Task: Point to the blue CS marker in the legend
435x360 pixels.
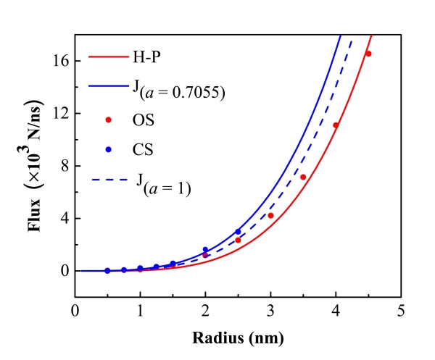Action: (109, 150)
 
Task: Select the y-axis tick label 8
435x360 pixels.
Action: (64, 166)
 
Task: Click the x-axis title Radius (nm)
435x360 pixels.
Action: (237, 338)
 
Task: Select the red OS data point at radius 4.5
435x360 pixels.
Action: (368, 54)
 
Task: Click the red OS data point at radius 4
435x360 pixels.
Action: (336, 125)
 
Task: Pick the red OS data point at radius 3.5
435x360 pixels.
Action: (303, 177)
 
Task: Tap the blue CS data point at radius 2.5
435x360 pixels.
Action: (238, 232)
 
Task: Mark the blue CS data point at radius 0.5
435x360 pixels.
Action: (107, 270)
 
